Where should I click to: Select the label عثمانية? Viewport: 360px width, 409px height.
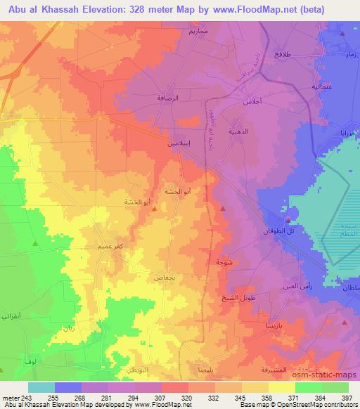tap(322, 86)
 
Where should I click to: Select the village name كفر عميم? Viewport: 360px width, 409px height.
tap(94, 247)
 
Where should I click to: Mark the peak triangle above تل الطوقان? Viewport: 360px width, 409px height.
tap(288, 209)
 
